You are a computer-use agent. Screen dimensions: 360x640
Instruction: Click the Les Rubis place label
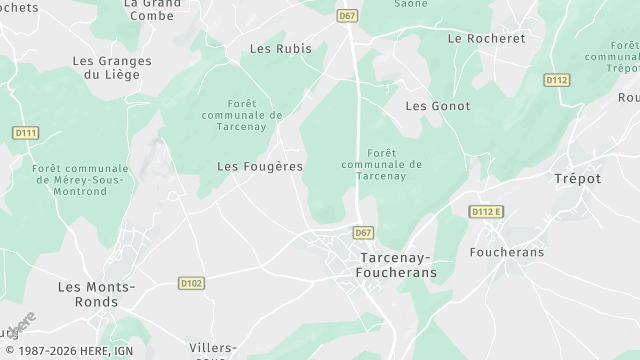[x=280, y=48]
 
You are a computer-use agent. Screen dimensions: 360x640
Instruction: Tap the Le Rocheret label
[x=487, y=38]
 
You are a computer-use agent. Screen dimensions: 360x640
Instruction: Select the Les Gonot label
[x=438, y=105]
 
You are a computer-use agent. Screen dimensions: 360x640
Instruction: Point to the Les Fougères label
[x=260, y=166]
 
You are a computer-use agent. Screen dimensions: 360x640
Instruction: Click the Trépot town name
[x=578, y=178]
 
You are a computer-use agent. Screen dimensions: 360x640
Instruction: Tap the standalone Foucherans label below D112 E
[x=506, y=252]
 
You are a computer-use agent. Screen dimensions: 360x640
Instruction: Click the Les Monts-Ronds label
[x=96, y=295]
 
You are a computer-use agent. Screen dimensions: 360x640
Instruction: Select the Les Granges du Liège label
[x=112, y=67]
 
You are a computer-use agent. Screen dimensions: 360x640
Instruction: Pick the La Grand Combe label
[x=154, y=9]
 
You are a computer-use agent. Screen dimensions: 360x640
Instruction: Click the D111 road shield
[x=26, y=131]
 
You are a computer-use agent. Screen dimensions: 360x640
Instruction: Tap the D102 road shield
[x=191, y=283]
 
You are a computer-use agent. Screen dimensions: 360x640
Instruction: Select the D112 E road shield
[x=487, y=211]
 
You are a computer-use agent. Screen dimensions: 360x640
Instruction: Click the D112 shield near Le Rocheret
[x=557, y=79]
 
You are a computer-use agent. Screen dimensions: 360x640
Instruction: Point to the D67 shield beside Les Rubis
[x=347, y=16]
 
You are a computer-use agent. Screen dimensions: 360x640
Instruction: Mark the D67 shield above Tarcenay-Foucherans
[x=364, y=232]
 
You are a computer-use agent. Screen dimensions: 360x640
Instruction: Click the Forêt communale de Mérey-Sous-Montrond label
[x=81, y=180]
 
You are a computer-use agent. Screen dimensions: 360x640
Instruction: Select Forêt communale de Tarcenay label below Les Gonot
[x=382, y=164]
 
